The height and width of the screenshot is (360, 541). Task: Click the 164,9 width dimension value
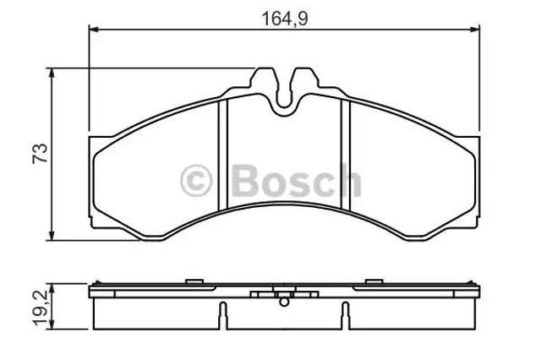click(x=285, y=19)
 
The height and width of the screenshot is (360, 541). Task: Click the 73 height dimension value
click(x=40, y=154)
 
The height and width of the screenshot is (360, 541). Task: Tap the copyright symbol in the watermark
click(x=195, y=181)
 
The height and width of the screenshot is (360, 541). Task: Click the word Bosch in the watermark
click(x=297, y=181)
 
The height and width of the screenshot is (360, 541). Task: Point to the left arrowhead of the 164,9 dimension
click(x=94, y=30)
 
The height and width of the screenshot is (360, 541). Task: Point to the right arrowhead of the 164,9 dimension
click(x=475, y=30)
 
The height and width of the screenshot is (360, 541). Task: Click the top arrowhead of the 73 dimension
click(x=52, y=74)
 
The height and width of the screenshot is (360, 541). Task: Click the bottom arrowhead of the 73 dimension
click(x=52, y=235)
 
